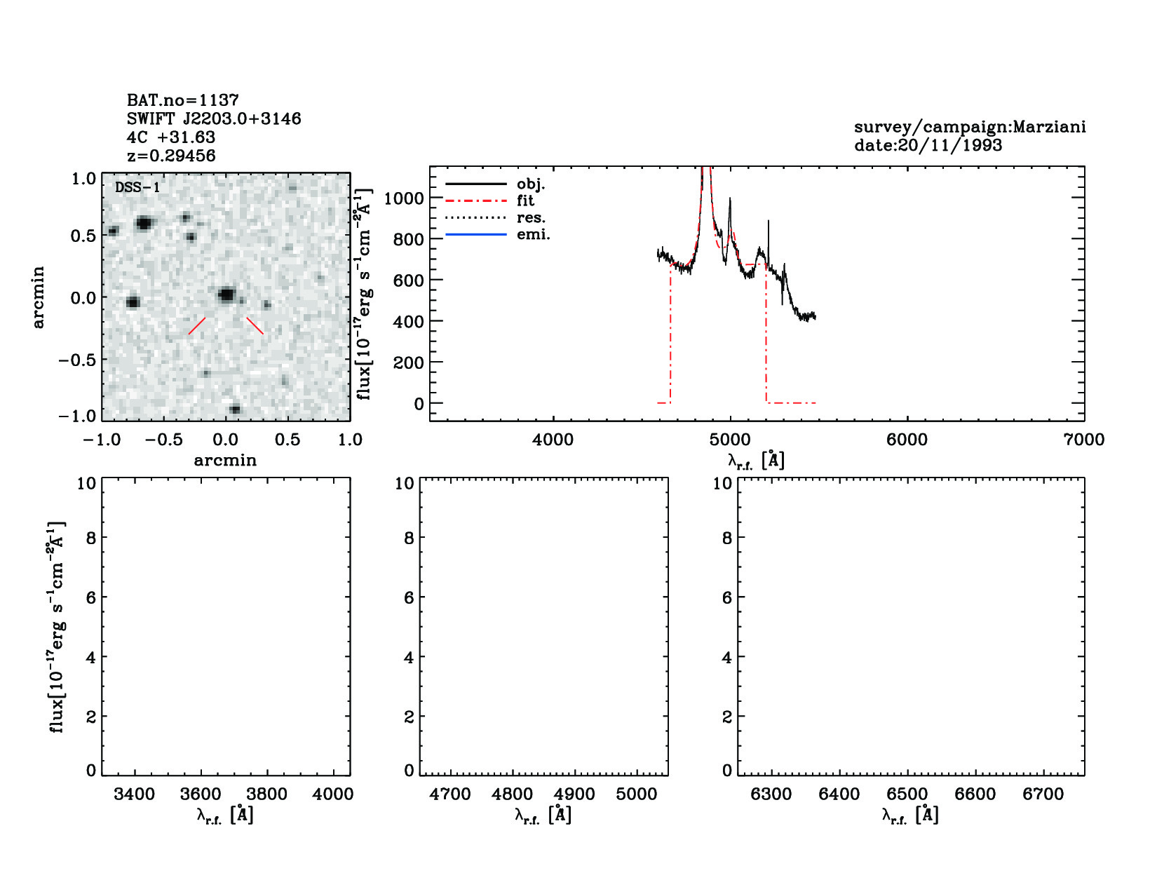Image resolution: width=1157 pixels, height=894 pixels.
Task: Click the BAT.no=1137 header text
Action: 182,100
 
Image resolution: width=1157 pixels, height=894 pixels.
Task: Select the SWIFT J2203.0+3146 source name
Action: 214,118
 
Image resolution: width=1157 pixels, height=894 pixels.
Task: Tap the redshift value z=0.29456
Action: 171,156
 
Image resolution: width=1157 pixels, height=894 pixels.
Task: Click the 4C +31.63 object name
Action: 171,137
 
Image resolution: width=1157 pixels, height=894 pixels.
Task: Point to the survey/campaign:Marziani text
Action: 969,127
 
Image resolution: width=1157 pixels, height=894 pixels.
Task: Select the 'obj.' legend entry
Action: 530,184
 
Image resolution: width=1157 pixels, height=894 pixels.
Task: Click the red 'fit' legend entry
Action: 525,201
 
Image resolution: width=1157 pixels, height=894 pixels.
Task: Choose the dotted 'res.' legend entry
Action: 531,217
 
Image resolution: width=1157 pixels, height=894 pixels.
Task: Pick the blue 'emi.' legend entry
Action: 533,234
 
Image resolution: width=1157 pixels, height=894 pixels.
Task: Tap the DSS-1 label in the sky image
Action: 137,187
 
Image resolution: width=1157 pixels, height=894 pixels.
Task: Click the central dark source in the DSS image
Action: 226,294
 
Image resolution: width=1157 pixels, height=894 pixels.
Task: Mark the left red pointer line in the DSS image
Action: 197,325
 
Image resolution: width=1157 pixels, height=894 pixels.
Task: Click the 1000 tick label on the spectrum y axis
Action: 404,198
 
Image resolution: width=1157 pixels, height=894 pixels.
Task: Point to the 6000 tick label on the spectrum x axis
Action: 907,440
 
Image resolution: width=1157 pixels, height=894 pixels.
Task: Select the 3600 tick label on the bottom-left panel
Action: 201,794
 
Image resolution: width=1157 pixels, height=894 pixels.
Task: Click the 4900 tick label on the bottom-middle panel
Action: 574,794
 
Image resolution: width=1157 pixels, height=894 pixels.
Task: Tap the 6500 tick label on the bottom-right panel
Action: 907,794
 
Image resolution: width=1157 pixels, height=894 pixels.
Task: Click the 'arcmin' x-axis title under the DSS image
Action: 225,460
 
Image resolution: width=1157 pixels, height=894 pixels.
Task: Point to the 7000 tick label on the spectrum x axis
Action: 1083,440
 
